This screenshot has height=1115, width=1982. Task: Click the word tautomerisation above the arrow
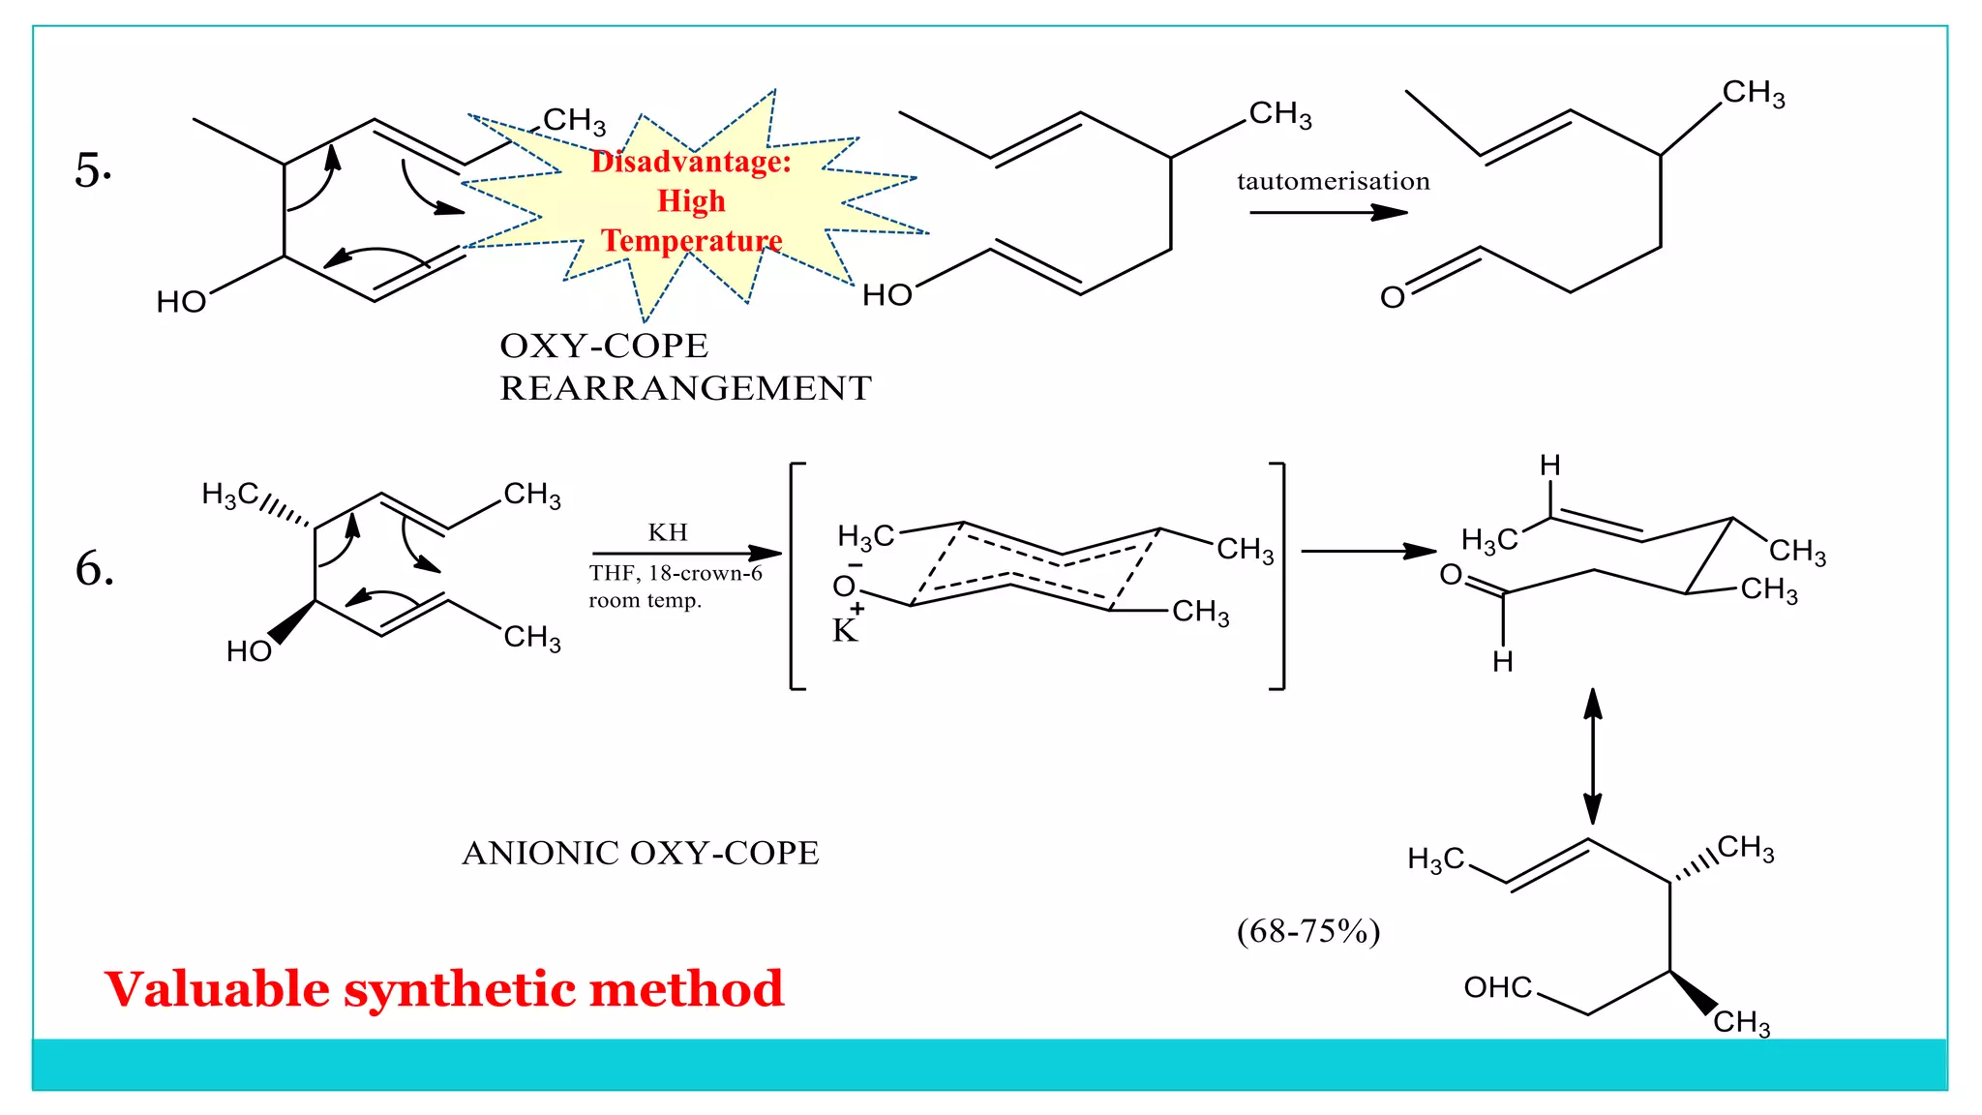(x=1333, y=181)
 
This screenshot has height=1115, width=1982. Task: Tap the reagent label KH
(x=668, y=532)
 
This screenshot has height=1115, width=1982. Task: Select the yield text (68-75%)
(x=1308, y=931)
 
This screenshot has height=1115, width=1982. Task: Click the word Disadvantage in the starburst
(x=690, y=162)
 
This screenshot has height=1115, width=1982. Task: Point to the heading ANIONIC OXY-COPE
(x=641, y=853)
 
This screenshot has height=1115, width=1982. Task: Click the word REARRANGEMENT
(x=685, y=388)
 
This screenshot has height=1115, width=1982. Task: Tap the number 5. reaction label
(x=93, y=170)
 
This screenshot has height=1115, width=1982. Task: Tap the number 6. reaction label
(x=95, y=568)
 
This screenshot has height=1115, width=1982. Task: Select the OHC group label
(x=1497, y=987)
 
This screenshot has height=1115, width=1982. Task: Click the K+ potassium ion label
(x=846, y=628)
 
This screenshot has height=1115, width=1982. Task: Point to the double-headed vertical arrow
(x=1592, y=755)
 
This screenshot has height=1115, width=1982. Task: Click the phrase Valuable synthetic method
(x=444, y=989)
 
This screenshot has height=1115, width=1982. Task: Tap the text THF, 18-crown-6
(x=676, y=573)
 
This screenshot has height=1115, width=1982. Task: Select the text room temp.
(x=645, y=600)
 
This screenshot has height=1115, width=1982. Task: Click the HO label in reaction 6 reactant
(x=249, y=651)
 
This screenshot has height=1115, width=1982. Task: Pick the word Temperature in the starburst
(x=692, y=240)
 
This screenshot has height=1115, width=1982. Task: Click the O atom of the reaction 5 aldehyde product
(x=1392, y=297)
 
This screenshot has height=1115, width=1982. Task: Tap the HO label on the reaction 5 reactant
(x=181, y=302)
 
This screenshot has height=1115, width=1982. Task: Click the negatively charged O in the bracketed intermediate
(x=844, y=586)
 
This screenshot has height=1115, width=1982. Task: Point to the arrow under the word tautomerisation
(x=1328, y=212)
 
